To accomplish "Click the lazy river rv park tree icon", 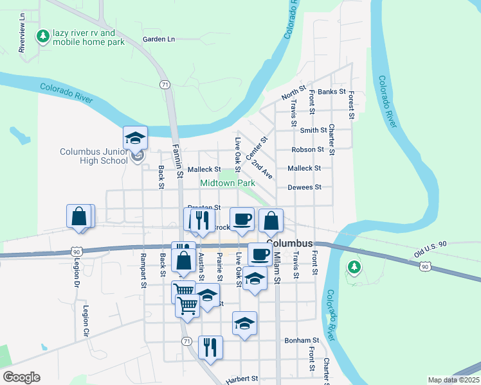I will coord(44,37).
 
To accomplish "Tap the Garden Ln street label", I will coord(159,39).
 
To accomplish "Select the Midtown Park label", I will coord(228,183).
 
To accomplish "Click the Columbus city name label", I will coord(289,244).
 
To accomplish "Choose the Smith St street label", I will coord(313,130).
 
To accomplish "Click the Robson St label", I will coord(307,150).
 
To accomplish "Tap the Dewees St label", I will coord(304,187).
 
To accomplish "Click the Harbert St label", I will coord(242,380).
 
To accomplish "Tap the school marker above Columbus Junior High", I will coord(136,138).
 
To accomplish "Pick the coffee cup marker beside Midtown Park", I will coord(242,219).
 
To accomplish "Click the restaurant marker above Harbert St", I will coord(210,347).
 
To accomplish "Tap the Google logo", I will coord(21,377).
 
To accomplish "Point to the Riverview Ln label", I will coord(22,39).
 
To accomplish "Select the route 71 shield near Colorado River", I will coord(165,85).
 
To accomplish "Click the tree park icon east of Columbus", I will coord(353,266).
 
